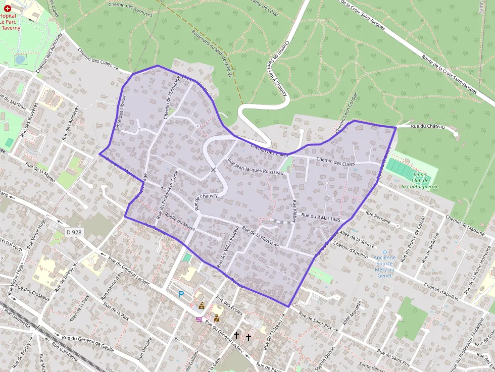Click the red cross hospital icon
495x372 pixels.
coord(7,9)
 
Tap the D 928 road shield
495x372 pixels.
coord(74,232)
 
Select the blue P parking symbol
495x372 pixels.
coord(181,294)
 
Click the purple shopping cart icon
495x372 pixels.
coord(200,318)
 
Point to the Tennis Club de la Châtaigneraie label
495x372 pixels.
coord(419,180)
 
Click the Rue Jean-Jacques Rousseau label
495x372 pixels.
coord(256,167)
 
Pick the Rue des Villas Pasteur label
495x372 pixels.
coord(227,246)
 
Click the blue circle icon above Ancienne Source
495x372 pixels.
coord(384,252)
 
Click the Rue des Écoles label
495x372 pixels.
coord(229,305)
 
